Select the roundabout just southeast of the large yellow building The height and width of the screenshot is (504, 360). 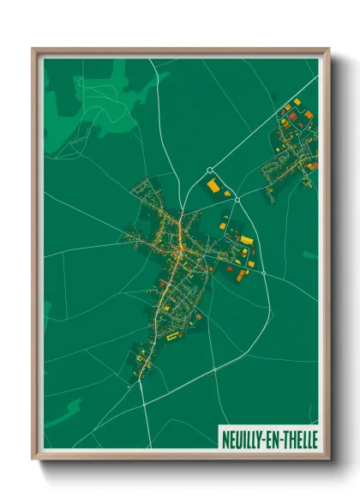point(237,198)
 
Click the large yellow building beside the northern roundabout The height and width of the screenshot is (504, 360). point(213,185)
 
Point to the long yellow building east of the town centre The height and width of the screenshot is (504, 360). point(247,240)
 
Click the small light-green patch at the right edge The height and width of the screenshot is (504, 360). point(310,255)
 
